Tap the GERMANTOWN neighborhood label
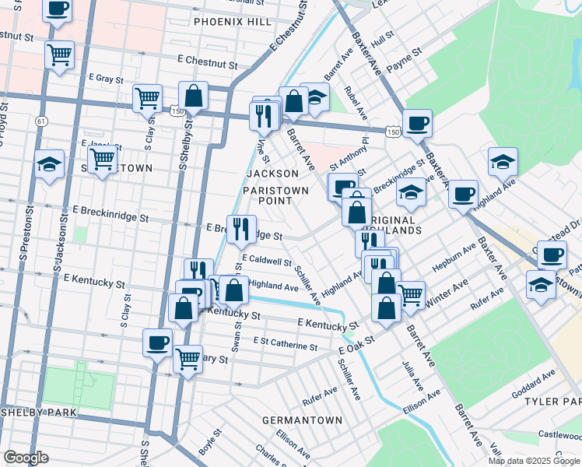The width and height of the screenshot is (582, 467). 302,420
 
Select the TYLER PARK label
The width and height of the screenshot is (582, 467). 553,401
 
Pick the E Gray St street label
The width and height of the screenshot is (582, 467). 112,78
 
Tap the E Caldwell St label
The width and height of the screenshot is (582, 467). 266,262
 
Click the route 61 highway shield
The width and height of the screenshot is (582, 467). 40,121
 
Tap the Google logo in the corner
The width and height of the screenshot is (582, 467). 26,457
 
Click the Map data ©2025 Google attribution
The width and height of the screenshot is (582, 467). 534,461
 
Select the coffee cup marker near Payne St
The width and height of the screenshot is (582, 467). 417,121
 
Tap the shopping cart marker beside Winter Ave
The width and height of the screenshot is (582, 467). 410,293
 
